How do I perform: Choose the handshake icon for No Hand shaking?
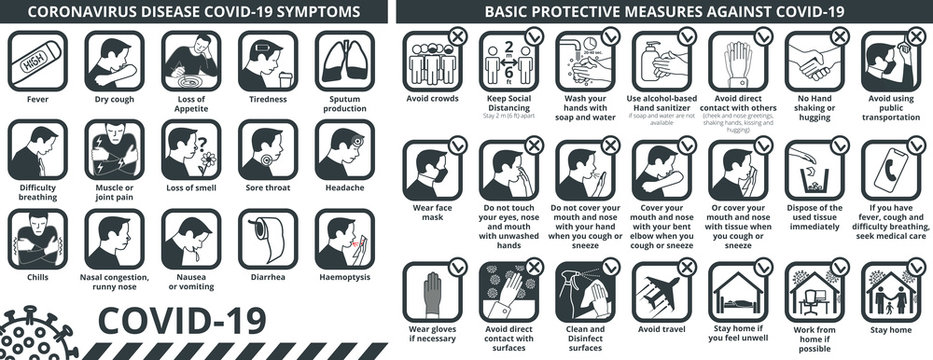(812, 62)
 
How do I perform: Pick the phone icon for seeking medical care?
(889, 166)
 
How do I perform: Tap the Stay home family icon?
(889, 292)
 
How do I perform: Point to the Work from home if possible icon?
(812, 292)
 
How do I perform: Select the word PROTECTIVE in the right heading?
(588, 12)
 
